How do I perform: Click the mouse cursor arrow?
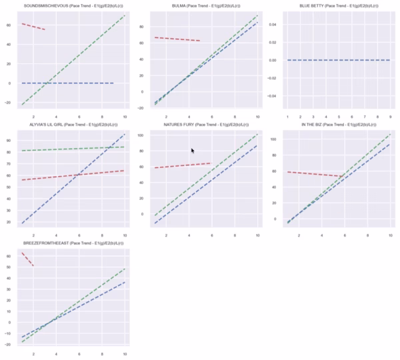coord(193,151)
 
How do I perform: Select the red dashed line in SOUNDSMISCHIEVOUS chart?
coord(33,27)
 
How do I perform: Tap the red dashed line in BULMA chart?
coord(177,39)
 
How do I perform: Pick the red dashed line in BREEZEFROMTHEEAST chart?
coord(28,259)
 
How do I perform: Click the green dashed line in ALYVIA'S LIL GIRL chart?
coord(73,149)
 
